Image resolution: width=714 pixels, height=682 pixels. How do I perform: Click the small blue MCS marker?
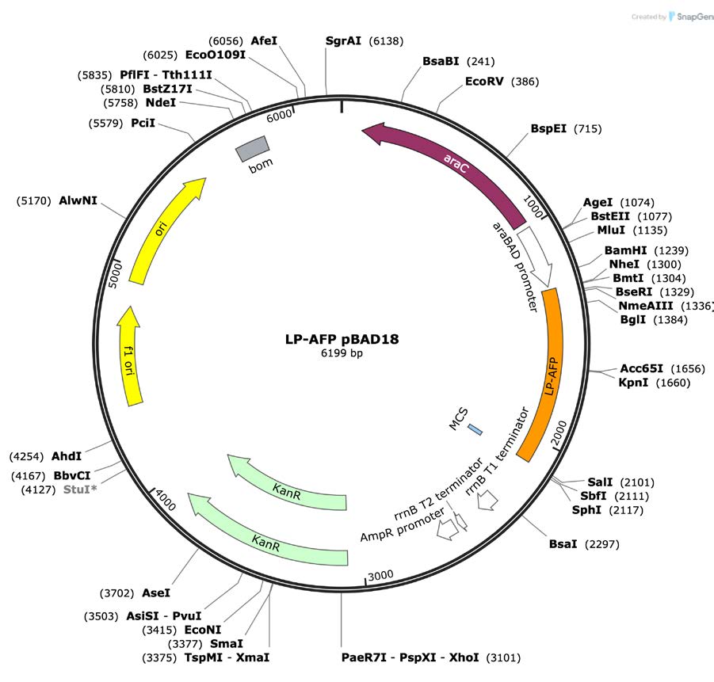pos(475,429)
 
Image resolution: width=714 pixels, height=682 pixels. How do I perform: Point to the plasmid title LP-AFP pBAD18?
pos(342,339)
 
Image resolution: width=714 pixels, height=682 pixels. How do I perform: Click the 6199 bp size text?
pos(342,353)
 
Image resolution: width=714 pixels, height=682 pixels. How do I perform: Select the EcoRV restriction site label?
pos(485,82)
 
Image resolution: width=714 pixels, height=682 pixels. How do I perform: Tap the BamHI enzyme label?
pos(625,250)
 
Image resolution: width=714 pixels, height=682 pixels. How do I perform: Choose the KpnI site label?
pos(634,383)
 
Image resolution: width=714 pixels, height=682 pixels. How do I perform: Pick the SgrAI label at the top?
pos(343,40)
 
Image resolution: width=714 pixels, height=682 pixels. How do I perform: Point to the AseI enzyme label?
pos(155,592)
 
